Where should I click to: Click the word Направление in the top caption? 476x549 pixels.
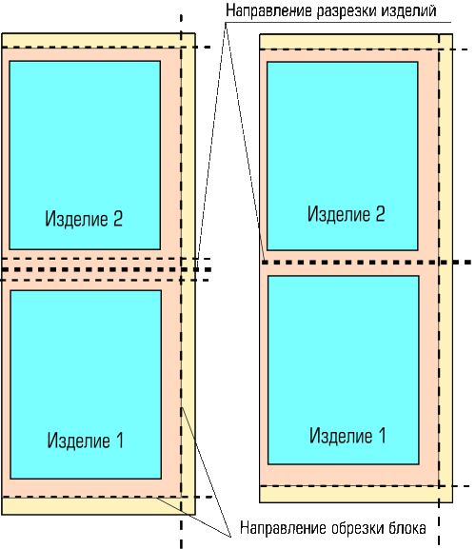point(268,10)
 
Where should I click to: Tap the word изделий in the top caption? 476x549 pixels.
point(408,10)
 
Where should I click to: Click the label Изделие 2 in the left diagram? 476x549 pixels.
point(84,219)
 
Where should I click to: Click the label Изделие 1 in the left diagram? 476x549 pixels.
point(86,441)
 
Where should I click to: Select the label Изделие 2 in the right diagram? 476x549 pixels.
point(347,213)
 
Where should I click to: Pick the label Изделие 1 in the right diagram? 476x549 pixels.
point(347,436)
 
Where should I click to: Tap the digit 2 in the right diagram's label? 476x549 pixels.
point(380,213)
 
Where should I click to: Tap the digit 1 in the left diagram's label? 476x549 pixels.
point(120,441)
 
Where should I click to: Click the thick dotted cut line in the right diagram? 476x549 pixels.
point(367,262)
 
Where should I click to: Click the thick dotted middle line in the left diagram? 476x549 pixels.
point(106,269)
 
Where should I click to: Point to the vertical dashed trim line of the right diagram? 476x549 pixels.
point(439,290)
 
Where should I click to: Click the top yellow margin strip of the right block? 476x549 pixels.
point(356,42)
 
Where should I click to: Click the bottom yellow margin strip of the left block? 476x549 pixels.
point(98,506)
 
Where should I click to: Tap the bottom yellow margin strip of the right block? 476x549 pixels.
point(356,495)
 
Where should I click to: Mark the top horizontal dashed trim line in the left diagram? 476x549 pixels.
point(106,47)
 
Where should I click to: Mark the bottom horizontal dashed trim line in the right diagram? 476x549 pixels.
point(364,486)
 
